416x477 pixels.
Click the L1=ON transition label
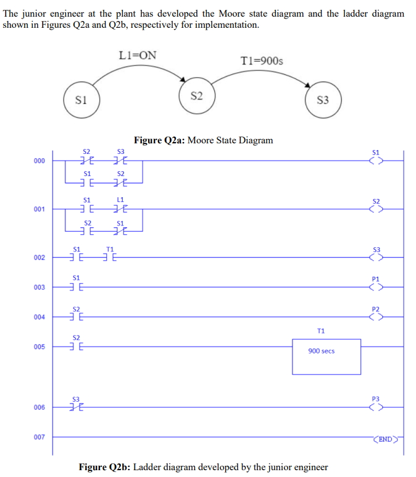click(x=137, y=56)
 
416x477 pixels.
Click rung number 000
click(x=40, y=162)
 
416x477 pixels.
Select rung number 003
click(x=40, y=287)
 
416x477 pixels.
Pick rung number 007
click(x=40, y=437)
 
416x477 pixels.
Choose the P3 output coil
click(x=376, y=407)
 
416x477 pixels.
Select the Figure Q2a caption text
click(x=203, y=140)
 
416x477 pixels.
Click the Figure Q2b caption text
click(x=203, y=466)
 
